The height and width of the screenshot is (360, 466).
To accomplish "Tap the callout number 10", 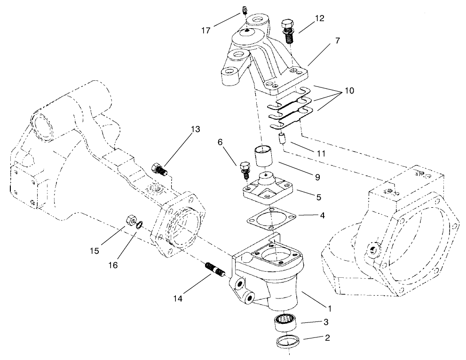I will point(350,90).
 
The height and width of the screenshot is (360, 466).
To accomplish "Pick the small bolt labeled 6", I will point(244,170).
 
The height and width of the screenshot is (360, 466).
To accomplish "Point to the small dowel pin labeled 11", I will point(284,139).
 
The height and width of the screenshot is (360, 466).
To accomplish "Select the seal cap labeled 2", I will point(285,342).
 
